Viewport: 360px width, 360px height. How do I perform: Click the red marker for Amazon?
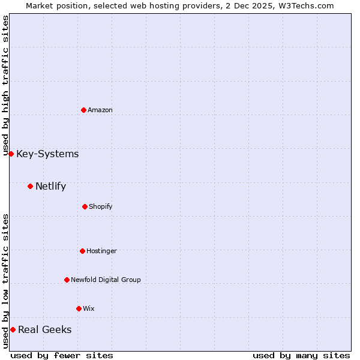[x=83, y=110]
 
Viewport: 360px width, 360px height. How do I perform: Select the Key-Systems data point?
[x=11, y=154]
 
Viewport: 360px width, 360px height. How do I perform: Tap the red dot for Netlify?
[x=30, y=186]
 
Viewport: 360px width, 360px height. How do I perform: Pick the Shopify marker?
[x=85, y=206]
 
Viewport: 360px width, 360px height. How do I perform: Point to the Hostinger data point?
[x=82, y=251]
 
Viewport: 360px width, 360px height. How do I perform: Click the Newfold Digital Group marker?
[x=67, y=280]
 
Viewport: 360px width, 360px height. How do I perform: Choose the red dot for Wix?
[x=79, y=308]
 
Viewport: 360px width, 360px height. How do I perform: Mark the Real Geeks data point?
[x=13, y=329]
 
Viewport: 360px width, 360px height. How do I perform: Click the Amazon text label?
[x=100, y=110]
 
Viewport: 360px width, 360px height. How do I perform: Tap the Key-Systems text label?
[x=47, y=154]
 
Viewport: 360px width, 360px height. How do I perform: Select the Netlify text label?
[x=50, y=187]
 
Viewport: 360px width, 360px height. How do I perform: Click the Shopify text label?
[x=101, y=206]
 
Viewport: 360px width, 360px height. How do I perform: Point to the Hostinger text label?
[x=101, y=251]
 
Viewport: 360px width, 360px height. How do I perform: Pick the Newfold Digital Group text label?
[x=106, y=280]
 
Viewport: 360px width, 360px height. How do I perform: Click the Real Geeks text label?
[x=44, y=330]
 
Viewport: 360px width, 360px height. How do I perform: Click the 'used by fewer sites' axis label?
[x=62, y=355]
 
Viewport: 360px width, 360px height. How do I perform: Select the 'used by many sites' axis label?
[x=301, y=355]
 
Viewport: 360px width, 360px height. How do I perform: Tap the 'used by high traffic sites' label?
[x=5, y=86]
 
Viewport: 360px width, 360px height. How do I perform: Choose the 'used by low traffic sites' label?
[x=5, y=281]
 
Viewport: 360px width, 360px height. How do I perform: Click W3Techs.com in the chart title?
[x=305, y=5]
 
